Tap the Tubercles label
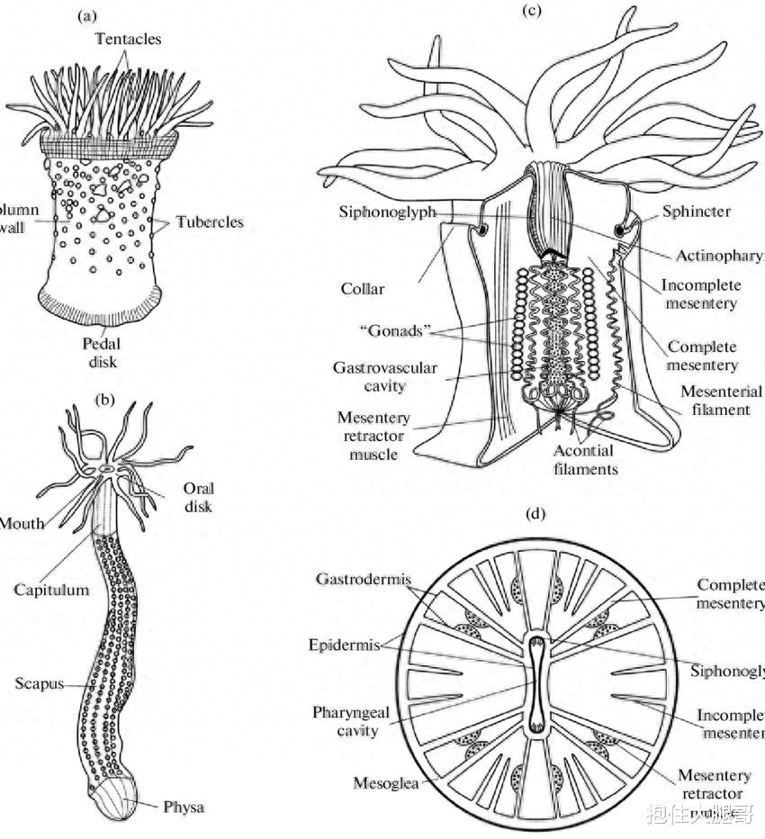click(x=209, y=221)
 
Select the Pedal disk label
click(x=101, y=352)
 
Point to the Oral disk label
click(x=198, y=497)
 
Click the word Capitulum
click(x=51, y=590)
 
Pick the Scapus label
click(x=39, y=683)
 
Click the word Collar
click(x=362, y=289)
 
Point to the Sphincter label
click(x=697, y=212)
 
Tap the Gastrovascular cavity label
click(x=384, y=376)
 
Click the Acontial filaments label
click(x=585, y=459)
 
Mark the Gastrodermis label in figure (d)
click(x=361, y=579)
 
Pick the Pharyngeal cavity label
click(x=351, y=721)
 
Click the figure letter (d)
click(x=536, y=514)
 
